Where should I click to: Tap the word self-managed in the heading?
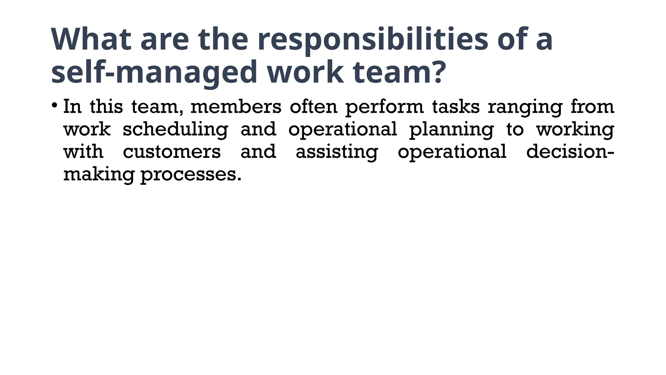154,72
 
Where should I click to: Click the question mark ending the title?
435,72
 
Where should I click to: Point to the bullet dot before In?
54,105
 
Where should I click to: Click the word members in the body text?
236,107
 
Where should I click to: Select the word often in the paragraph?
313,107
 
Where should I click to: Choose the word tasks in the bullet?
456,107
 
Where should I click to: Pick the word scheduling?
175,130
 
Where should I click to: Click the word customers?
172,152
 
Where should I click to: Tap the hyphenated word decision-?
570,152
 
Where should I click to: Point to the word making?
99,175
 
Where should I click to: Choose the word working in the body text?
575,130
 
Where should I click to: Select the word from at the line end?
592,107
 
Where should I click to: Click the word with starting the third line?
83,152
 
